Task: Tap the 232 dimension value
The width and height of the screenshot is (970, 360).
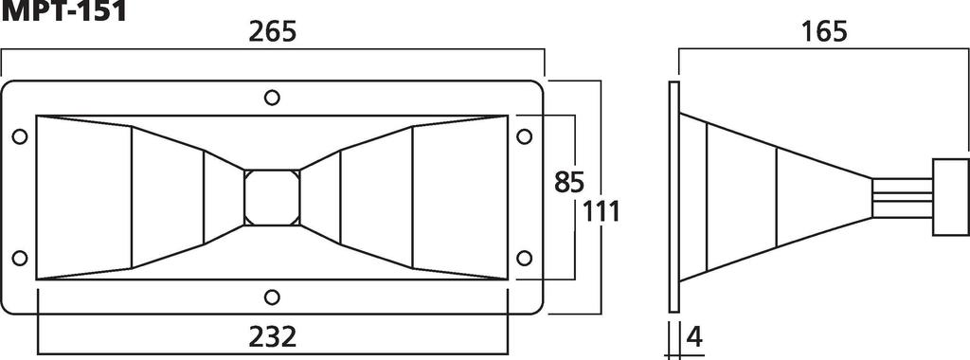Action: [x=273, y=336]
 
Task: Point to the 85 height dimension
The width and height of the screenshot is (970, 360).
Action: [x=569, y=181]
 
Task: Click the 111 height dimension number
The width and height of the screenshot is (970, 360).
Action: [x=602, y=210]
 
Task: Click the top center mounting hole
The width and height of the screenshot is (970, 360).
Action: [x=272, y=97]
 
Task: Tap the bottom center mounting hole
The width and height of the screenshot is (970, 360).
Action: [x=272, y=297]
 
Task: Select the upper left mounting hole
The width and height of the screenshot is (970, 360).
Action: [x=19, y=136]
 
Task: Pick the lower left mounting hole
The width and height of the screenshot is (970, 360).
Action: [x=19, y=258]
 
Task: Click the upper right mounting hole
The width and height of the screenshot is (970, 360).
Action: [x=525, y=136]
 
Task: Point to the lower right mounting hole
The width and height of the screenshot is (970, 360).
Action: [x=525, y=258]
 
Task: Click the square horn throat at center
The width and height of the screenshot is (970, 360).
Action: [x=272, y=197]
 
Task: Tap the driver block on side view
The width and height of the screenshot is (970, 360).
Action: [x=949, y=197]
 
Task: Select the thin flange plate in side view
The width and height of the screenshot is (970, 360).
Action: [x=674, y=197]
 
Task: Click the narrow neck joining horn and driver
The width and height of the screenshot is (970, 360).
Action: [x=900, y=197]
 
